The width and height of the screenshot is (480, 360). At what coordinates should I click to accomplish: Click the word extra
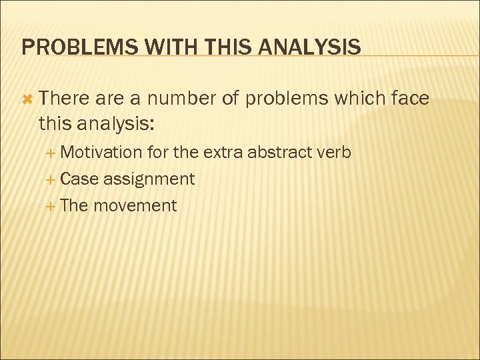click(x=223, y=152)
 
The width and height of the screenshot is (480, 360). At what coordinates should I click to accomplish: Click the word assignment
click(x=149, y=179)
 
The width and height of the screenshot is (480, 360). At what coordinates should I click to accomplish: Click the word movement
click(x=135, y=205)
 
